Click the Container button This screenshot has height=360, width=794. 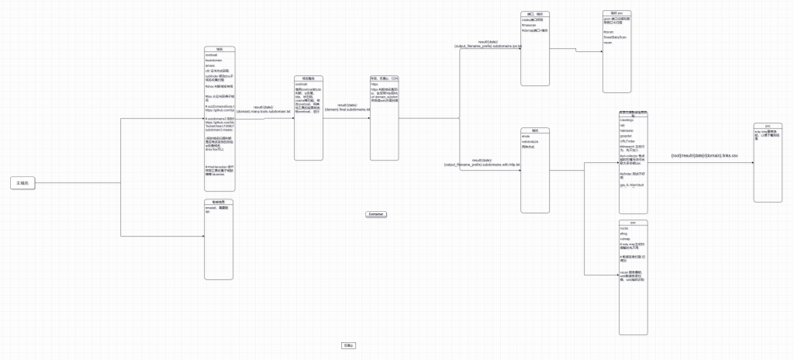[x=375, y=213]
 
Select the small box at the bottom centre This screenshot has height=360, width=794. [x=348, y=344]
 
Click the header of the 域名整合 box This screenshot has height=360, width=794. [x=308, y=78]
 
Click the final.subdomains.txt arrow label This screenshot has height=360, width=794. [x=345, y=107]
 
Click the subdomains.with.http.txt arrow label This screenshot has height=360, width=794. [x=480, y=163]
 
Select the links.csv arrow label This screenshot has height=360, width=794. [x=704, y=156]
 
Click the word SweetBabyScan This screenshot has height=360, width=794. [x=614, y=36]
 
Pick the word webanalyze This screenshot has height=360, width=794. [x=531, y=141]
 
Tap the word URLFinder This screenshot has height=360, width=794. [x=627, y=140]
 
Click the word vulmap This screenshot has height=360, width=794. [x=625, y=238]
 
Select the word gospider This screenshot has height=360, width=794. [x=627, y=135]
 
